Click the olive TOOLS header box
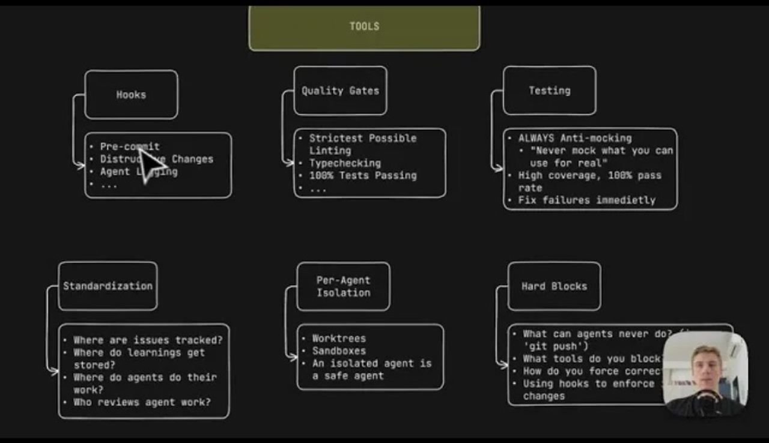364,27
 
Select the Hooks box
131,95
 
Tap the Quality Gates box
340,91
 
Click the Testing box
549,91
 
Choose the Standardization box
108,286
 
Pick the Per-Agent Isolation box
343,286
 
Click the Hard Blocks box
554,286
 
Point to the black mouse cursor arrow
148,164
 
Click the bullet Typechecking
344,163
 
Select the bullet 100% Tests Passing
362,176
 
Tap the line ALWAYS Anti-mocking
574,138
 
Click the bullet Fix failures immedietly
586,200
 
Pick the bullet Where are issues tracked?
147,340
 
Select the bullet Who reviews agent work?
142,402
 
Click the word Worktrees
338,339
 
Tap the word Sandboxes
338,351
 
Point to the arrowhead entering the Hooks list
81,166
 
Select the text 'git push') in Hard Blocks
556,346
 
